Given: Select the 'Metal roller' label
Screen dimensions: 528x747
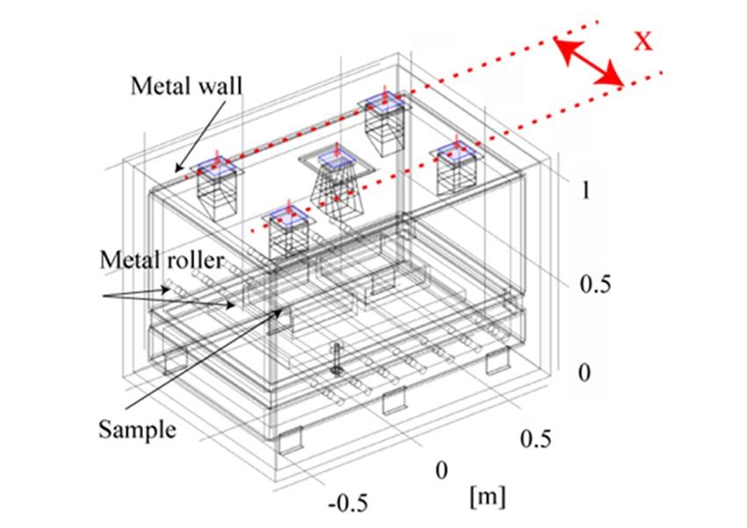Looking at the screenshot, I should tap(162, 260).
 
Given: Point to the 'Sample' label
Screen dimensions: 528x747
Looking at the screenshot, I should tap(136, 431).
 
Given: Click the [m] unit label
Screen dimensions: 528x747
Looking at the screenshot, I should tap(487, 496).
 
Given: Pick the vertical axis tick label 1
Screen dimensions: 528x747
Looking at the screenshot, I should tap(585, 190).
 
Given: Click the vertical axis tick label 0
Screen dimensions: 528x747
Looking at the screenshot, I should tap(585, 373).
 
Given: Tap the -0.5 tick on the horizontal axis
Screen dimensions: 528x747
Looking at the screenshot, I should tap(348, 503).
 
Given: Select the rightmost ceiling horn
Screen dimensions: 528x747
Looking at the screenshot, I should tap(457, 172).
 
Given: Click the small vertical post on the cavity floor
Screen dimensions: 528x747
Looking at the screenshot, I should tap(338, 360).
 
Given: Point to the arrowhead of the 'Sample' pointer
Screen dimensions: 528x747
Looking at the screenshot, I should tap(282, 311).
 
